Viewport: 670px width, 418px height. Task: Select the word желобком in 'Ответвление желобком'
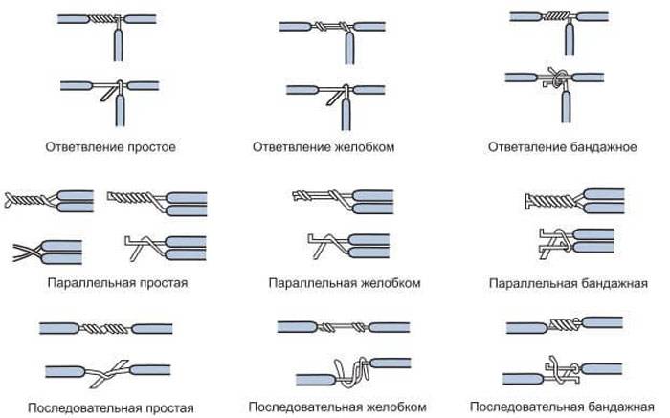tap(364, 147)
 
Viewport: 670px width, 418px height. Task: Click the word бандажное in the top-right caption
tap(603, 147)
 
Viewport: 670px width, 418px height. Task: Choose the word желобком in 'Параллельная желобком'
tap(391, 283)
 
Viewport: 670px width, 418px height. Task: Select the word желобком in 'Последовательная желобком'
tap(396, 407)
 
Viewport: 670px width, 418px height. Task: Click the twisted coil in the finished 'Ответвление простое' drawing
tap(103, 19)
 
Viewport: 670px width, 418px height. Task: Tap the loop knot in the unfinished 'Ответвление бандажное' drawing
tap(556, 78)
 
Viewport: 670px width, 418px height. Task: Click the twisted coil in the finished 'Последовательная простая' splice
tap(105, 329)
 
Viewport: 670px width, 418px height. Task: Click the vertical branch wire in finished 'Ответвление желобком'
tap(349, 48)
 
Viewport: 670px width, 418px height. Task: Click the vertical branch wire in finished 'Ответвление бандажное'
tap(569, 39)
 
